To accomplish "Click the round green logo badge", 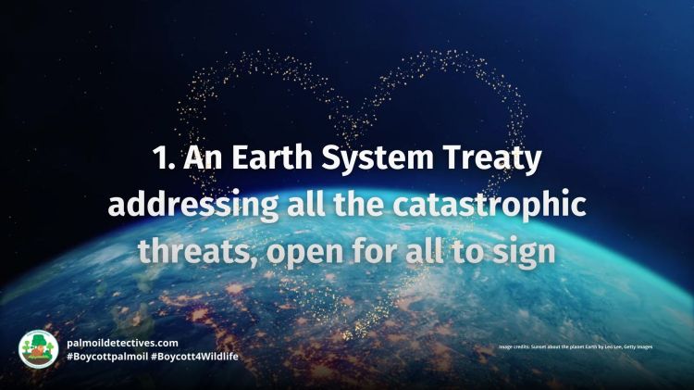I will (38, 349).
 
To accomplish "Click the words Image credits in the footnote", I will (516, 346).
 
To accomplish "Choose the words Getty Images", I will (653, 346).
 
